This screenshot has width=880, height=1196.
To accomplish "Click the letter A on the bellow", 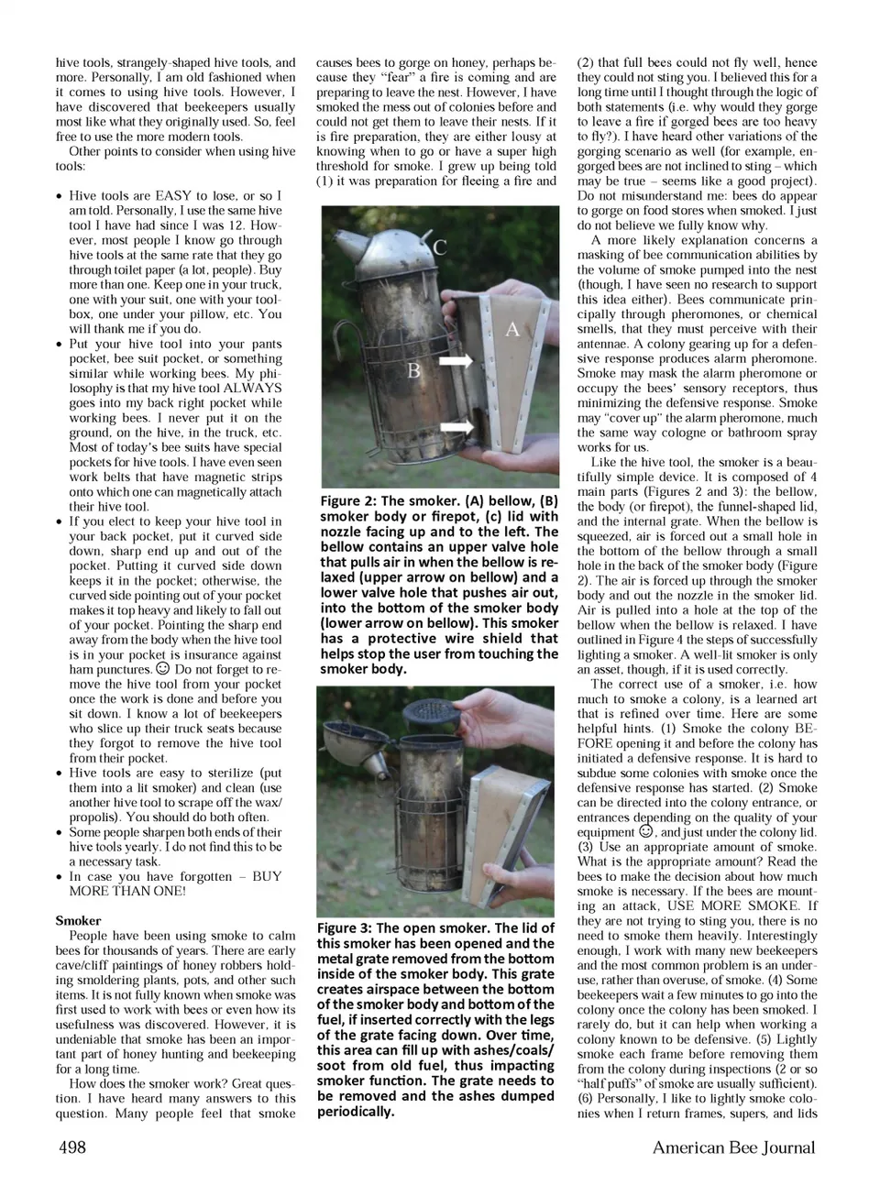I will pyautogui.click(x=512, y=329).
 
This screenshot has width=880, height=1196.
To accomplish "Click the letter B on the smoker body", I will pyautogui.click(x=414, y=370).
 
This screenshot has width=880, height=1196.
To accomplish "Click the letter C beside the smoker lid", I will pyautogui.click(x=440, y=247).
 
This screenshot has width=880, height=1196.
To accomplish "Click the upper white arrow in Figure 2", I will pyautogui.click(x=456, y=363).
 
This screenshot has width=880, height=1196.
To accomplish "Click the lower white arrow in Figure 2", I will pyautogui.click(x=456, y=426).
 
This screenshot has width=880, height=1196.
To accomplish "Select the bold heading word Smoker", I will pyautogui.click(x=78, y=920).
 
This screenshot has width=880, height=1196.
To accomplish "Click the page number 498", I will pyautogui.click(x=72, y=1147).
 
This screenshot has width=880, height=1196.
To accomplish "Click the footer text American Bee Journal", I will pyautogui.click(x=733, y=1147).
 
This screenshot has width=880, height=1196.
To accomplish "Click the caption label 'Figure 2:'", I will pyautogui.click(x=348, y=501).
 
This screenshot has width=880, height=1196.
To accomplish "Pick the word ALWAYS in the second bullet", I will pyautogui.click(x=252, y=388).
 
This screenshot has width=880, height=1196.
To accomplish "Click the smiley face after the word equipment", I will pyautogui.click(x=645, y=832).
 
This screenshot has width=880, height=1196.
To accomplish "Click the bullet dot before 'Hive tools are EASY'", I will pyautogui.click(x=60, y=196).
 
